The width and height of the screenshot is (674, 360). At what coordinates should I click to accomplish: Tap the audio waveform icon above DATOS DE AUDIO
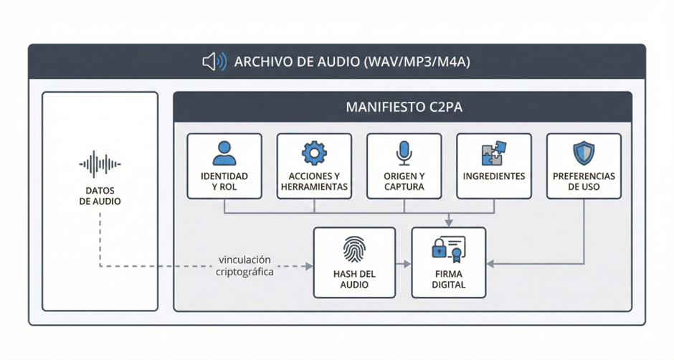click(100, 165)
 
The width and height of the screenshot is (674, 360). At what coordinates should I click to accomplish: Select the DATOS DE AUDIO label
click(100, 196)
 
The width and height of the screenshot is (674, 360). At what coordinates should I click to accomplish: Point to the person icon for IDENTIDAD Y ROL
click(224, 153)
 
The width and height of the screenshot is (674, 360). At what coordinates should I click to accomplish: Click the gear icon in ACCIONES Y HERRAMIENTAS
click(314, 153)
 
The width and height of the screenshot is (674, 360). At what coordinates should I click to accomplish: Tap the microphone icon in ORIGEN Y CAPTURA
click(404, 153)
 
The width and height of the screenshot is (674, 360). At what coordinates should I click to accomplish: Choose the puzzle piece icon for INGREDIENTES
click(494, 153)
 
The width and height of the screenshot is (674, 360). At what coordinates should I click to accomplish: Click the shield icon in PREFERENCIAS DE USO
click(584, 153)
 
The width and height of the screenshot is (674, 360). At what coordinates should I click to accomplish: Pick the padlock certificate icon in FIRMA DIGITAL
click(448, 249)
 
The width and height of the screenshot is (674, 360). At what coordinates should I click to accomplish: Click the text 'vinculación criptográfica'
click(245, 265)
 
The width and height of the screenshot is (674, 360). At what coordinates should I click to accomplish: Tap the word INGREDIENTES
click(494, 176)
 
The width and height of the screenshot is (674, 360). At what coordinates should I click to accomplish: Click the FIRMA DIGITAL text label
click(449, 279)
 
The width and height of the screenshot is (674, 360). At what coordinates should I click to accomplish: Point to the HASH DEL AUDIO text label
click(354, 279)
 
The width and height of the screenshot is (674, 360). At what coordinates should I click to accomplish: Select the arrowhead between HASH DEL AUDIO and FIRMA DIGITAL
click(407, 264)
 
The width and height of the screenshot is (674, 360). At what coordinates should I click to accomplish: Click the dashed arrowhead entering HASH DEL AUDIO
click(309, 266)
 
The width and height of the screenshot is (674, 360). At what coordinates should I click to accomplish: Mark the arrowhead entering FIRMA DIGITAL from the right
click(490, 264)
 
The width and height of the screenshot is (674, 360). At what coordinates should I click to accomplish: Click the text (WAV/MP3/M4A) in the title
click(417, 62)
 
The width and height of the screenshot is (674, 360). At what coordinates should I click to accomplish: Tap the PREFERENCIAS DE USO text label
click(584, 181)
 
